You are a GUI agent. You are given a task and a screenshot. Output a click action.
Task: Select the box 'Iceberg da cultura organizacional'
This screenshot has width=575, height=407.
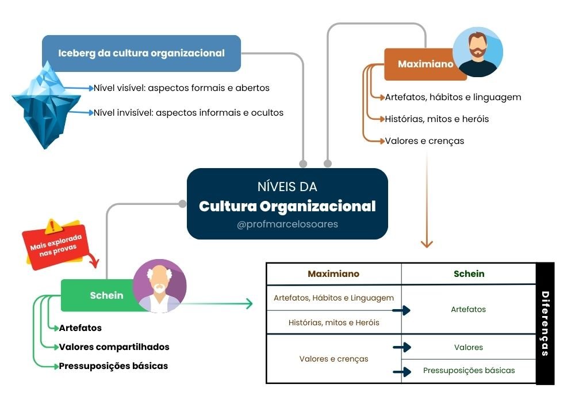141,54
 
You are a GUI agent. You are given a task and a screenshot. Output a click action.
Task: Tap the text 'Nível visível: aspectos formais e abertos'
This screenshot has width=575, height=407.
182,88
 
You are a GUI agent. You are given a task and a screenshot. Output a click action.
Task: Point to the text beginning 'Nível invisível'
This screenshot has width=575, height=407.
189,113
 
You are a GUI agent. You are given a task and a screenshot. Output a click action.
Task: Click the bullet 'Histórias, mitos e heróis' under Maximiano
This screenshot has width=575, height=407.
437,119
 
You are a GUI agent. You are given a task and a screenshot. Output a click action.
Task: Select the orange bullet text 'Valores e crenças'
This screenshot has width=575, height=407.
424,140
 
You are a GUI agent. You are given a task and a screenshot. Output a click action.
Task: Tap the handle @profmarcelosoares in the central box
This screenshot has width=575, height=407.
287,224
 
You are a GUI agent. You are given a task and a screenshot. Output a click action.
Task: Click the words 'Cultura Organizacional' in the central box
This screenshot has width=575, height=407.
287,206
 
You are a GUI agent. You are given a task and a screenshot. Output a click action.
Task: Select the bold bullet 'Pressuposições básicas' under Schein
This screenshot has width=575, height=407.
113,366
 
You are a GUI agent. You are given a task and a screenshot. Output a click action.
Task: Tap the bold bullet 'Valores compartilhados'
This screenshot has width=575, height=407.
114,347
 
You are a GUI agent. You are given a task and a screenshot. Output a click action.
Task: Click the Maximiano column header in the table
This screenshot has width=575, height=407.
333,274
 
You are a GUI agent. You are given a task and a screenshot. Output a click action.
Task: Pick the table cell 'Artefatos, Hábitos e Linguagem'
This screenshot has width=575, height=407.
333,298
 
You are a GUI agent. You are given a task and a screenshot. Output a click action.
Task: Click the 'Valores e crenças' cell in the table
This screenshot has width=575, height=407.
333,359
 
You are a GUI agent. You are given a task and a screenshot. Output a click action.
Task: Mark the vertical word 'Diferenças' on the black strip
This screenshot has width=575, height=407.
545,324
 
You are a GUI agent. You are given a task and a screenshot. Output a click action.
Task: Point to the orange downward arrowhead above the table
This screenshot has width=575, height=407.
427,244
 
